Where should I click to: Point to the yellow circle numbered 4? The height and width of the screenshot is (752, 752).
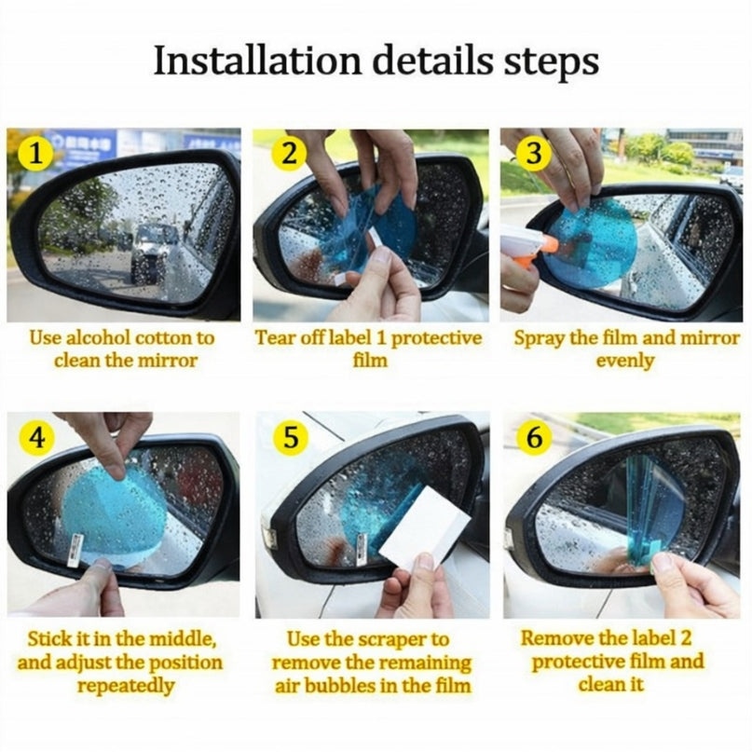pos(36,438)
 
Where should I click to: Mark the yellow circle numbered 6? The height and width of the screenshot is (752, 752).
pos(533,438)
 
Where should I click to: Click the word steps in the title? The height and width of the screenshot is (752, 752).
pos(549,62)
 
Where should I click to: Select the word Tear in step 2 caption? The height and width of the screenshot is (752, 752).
pos(275,337)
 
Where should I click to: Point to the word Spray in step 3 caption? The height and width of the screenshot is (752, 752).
pos(539,337)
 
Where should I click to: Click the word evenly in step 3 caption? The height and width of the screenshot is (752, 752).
pos(625,360)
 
